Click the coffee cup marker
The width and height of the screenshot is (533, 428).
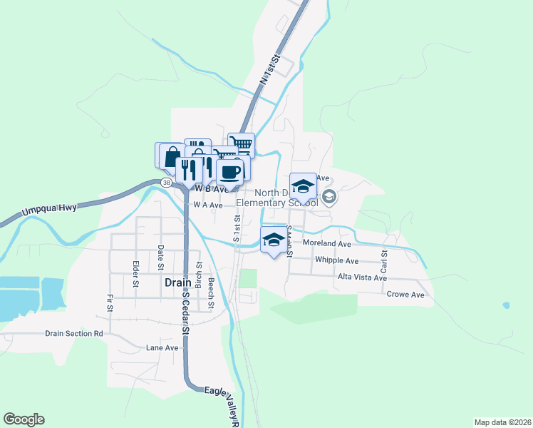pos(229,172)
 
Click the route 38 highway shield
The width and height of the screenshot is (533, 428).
pos(166,183)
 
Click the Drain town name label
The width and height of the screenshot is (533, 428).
pos(177,282)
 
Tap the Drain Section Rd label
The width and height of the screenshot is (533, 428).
pos(73,333)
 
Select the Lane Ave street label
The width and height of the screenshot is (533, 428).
pos(162,348)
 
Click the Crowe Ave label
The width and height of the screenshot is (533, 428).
pos(405,294)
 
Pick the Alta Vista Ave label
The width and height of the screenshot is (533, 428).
pos(362,277)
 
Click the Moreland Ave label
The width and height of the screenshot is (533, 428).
pos(327,243)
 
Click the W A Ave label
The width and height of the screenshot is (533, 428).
pos(208,205)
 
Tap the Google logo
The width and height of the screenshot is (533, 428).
pos(24,419)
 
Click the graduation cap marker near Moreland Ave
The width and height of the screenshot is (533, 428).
pos(273,240)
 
